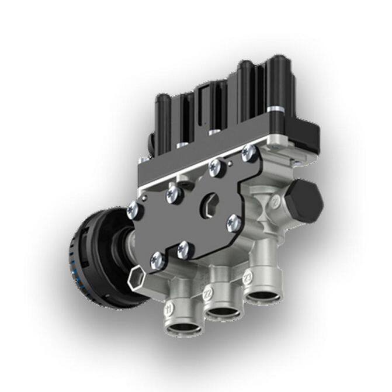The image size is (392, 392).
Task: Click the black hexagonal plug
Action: (x=305, y=198)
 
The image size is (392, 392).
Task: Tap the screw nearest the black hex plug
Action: (x=248, y=154)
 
